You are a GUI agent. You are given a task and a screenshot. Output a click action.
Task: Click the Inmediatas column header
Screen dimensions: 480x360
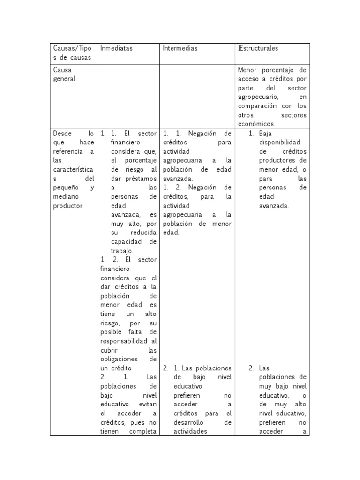point(117,48)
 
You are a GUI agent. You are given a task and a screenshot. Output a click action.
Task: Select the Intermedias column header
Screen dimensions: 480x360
point(180,48)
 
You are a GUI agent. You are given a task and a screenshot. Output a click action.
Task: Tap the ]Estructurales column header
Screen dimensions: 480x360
point(258,48)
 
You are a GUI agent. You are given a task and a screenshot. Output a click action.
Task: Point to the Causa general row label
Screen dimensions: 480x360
point(64,75)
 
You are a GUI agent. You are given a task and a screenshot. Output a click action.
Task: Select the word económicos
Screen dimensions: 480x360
point(256,124)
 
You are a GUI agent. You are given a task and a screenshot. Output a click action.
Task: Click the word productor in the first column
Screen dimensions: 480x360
point(68,206)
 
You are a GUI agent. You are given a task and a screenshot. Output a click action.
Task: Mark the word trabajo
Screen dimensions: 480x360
point(121,251)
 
